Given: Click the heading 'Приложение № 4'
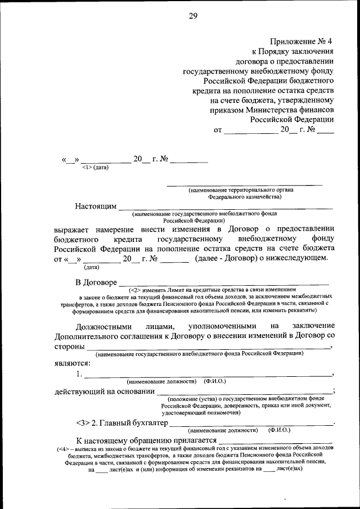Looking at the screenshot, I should click(301, 41).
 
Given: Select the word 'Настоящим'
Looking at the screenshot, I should click(96, 206).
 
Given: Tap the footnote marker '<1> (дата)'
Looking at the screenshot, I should click(95, 167).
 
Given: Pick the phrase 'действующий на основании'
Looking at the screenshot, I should click(104, 391).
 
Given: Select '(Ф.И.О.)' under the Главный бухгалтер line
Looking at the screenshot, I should click(280, 430).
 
